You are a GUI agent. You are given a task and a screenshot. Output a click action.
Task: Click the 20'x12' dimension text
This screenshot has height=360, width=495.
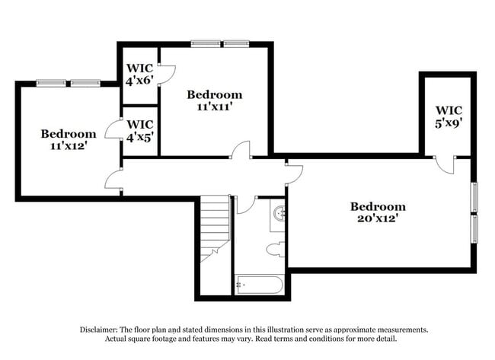pyautogui.click(x=378, y=219)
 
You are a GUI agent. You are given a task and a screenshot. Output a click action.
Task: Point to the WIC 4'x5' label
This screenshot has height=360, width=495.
pyautogui.click(x=141, y=130)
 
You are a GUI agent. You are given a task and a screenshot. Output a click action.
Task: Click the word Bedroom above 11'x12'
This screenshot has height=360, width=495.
pyautogui.click(x=69, y=133)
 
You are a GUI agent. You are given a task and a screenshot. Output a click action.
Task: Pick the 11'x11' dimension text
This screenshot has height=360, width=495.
pyautogui.click(x=215, y=107)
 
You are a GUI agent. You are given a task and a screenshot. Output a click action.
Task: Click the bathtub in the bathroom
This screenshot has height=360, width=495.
pyautogui.click(x=259, y=285)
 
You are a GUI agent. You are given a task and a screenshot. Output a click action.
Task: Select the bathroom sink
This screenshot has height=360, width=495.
pyautogui.click(x=279, y=213)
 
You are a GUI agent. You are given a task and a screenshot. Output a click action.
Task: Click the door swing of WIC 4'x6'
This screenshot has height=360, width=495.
pyautogui.click(x=166, y=73)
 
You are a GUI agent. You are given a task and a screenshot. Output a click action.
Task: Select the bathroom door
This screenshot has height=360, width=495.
pyautogui.click(x=246, y=204)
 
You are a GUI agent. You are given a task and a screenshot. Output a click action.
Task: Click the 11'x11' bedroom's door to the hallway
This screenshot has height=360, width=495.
pyautogui.click(x=241, y=149)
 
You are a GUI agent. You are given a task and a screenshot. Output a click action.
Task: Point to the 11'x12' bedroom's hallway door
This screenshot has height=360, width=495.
pyautogui.click(x=113, y=179)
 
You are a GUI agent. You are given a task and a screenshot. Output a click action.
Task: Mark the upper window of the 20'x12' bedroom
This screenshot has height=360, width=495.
pyautogui.click(x=474, y=197)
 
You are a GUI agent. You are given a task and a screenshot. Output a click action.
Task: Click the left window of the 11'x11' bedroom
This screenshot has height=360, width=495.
pyautogui.click(x=205, y=43)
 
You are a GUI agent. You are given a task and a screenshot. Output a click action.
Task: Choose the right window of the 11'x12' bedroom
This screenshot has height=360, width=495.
pyautogui.click(x=85, y=82)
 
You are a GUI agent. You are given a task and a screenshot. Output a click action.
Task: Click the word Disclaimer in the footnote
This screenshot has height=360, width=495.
pyautogui.click(x=101, y=330)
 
